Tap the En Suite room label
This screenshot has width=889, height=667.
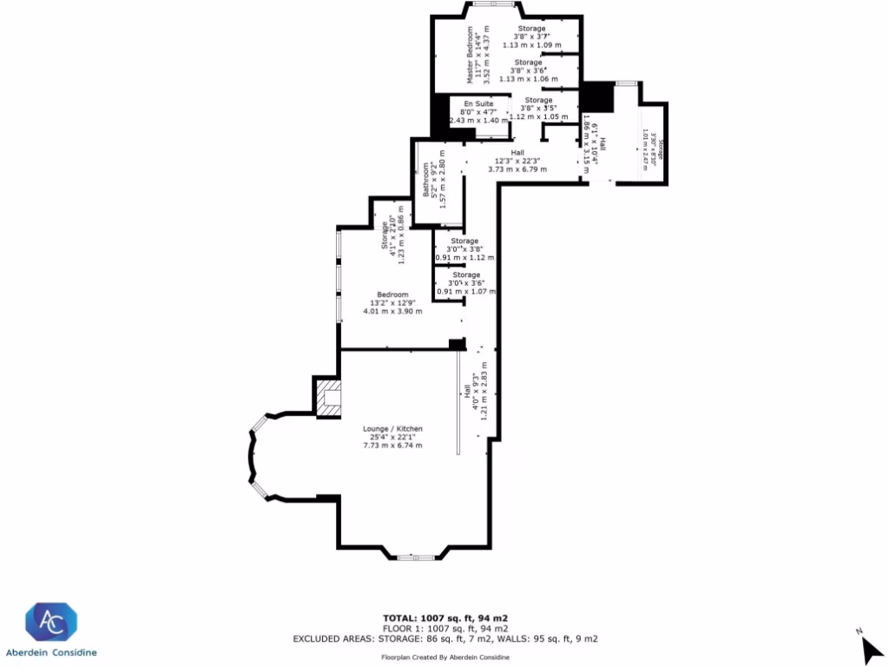478,103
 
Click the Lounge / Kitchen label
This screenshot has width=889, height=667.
392,429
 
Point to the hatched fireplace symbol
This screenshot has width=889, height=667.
328,396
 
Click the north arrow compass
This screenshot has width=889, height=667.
869,646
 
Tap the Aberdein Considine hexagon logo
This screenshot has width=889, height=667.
51,624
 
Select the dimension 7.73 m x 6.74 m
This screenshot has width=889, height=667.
392,446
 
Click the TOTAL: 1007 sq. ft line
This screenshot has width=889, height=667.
444,617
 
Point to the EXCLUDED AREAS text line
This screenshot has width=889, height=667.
444,638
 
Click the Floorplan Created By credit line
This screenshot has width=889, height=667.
444,657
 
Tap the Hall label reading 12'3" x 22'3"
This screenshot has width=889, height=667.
517,161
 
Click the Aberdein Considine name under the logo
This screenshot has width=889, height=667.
51,652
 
